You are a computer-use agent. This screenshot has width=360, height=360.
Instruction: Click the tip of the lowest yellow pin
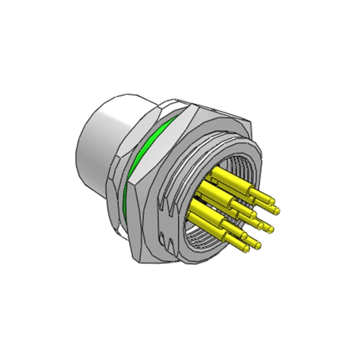pyautogui.click(x=247, y=249)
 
